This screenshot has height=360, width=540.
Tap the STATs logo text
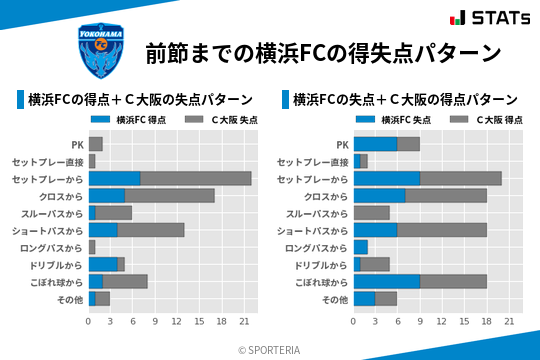tap(491, 17)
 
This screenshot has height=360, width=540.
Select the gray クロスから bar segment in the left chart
tap(170, 195)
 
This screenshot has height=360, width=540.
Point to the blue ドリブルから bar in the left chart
tap(103, 264)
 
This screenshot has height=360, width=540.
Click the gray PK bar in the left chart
tap(95, 144)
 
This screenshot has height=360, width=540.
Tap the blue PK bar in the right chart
tap(375, 144)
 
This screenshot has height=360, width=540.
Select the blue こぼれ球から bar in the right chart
tap(386, 281)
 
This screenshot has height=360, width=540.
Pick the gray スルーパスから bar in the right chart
tap(371, 213)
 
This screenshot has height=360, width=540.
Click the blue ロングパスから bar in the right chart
tap(360, 247)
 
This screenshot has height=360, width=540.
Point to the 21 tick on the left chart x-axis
tap(244, 321)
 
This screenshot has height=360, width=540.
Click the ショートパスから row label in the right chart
tap(312, 230)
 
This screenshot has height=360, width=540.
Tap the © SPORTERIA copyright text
tap(269, 349)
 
